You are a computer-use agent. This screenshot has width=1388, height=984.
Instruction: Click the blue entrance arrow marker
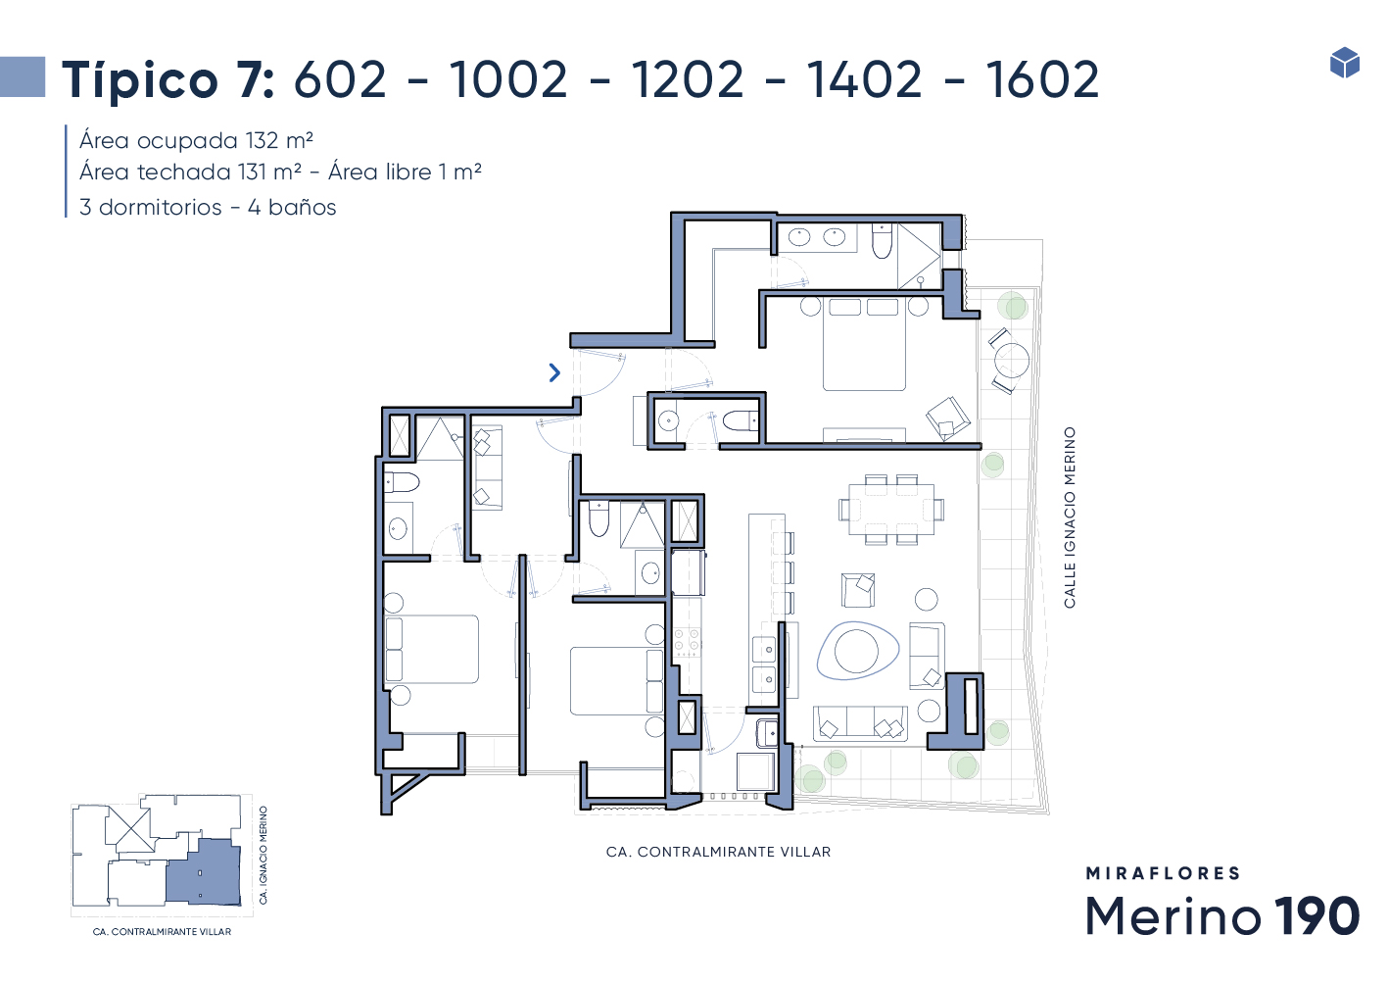[554, 372]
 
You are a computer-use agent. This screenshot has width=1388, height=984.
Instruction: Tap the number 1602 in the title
[1042, 79]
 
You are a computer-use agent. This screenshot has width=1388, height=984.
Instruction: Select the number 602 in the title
[340, 79]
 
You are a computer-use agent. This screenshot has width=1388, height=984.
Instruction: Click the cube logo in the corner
[1345, 63]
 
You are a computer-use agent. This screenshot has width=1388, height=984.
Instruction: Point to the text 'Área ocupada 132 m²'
[196, 141]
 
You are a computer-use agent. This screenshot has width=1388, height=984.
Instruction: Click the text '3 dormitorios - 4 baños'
[208, 207]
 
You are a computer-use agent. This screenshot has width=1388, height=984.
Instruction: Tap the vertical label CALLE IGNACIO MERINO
[1070, 517]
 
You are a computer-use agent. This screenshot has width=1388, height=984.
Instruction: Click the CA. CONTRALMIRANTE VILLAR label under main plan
[718, 852]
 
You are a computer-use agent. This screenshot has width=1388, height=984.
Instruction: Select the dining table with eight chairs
[891, 510]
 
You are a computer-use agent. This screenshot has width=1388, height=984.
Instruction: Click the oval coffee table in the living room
[858, 651]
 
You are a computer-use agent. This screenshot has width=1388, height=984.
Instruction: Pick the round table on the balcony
[1011, 361]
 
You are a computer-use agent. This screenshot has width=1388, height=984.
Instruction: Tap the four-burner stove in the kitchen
[688, 642]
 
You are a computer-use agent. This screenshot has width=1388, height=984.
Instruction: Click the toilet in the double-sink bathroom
[882, 242]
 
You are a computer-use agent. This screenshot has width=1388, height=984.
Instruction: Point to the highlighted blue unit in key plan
[203, 871]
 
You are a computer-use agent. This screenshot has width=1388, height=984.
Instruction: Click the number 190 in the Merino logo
[1316, 915]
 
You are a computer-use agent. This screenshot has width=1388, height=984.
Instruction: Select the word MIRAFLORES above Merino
[1163, 873]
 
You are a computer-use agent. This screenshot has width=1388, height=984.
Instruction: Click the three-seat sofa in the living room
[860, 723]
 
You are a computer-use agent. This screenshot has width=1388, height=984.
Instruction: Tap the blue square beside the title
[23, 76]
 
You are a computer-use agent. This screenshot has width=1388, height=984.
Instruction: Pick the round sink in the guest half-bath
[668, 421]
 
